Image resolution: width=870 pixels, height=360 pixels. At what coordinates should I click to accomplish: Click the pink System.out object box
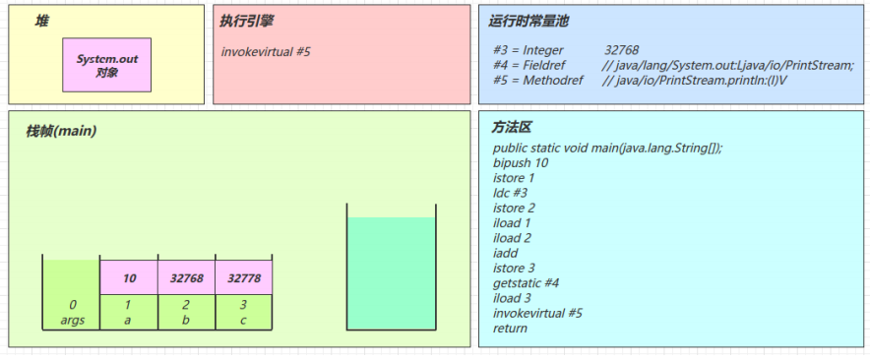coord(107,65)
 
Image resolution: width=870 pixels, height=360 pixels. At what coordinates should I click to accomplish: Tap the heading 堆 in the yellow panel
coord(42,21)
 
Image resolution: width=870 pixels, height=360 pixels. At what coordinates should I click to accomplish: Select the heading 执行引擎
coord(247,21)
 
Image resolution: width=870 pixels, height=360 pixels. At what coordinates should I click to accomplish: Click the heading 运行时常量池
coord(529,21)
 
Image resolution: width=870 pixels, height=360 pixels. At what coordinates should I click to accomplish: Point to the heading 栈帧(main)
coord(61,131)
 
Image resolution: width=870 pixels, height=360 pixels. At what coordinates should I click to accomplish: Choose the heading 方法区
coord(512,128)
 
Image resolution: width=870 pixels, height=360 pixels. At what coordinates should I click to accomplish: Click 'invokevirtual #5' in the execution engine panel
coord(266,51)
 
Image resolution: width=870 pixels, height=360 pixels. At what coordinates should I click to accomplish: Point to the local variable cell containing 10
coord(129,278)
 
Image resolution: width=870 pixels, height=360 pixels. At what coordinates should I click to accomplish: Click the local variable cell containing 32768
coord(186,278)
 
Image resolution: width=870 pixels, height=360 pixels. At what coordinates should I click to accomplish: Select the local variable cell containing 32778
coord(243,278)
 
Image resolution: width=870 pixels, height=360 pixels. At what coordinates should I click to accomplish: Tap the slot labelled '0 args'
coord(72,312)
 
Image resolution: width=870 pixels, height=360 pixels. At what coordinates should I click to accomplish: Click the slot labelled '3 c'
coord(243,312)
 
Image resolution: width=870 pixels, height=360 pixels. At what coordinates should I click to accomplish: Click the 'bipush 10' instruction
coord(521,163)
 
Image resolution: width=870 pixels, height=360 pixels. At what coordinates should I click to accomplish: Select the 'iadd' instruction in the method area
coord(505,253)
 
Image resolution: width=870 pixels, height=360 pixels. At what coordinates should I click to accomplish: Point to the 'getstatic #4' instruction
coord(526,283)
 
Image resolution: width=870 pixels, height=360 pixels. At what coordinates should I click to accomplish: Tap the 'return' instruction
coord(510,329)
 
